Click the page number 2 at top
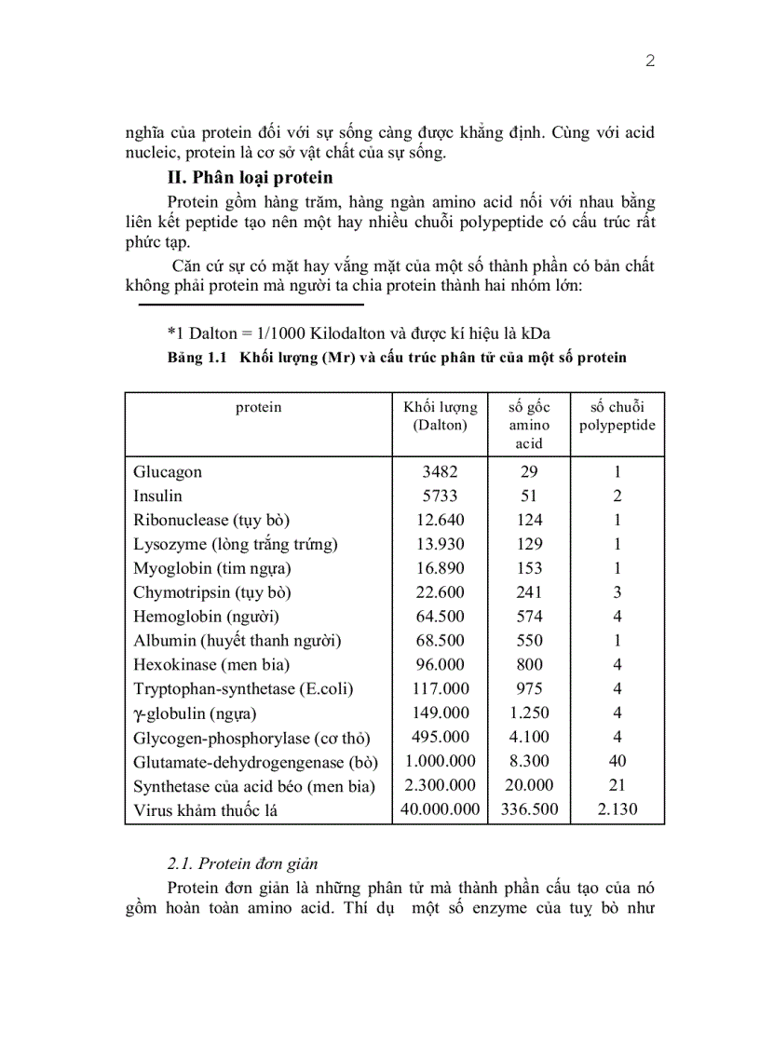[x=650, y=61]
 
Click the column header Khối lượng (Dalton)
[x=440, y=415]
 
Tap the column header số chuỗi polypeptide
[x=617, y=415]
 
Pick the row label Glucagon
[x=168, y=472]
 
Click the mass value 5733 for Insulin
[x=440, y=496]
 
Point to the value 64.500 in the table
[x=440, y=617]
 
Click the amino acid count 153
[x=528, y=568]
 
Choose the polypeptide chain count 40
[x=617, y=761]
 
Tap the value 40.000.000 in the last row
[x=440, y=809]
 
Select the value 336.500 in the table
[x=528, y=809]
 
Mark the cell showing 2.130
[x=617, y=809]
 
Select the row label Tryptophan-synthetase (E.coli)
[x=243, y=689]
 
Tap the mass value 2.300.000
[x=440, y=785]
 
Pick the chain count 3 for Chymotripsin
[x=617, y=592]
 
